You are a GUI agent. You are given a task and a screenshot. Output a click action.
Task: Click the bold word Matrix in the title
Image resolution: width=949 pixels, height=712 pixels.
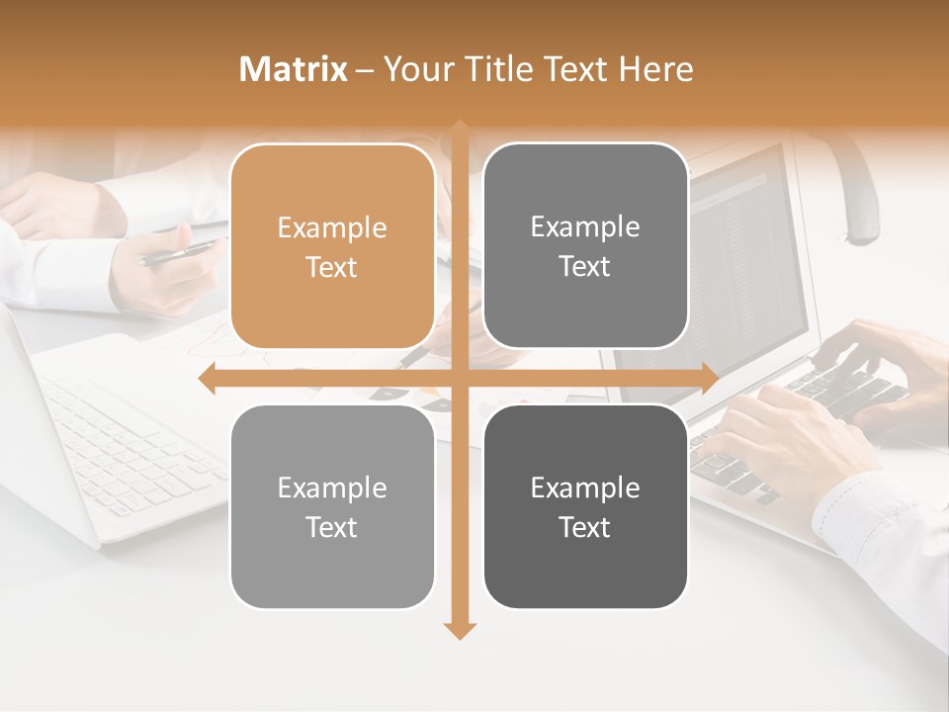point(294,69)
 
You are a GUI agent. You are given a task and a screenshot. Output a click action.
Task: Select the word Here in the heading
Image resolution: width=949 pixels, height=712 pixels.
point(656,69)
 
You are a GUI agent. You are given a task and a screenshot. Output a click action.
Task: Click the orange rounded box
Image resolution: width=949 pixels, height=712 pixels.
point(332,246)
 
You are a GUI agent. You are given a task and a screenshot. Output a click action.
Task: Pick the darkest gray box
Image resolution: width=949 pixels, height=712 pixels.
point(585,506)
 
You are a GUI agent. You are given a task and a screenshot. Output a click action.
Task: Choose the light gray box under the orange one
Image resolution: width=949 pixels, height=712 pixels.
point(332,506)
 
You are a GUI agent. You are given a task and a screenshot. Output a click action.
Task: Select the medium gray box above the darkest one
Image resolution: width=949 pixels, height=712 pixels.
point(585,246)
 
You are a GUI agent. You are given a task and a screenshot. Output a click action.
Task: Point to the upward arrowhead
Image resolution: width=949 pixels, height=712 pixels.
point(459,129)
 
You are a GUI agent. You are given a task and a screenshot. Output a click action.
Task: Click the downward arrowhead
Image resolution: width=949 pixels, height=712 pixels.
point(459,630)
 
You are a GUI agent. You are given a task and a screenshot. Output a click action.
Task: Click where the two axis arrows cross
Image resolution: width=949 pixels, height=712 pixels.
point(459,378)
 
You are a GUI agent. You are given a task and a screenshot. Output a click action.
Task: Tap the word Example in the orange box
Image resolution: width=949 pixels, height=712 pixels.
point(332,228)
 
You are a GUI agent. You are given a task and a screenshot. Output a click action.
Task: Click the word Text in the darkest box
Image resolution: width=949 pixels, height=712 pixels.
point(585,527)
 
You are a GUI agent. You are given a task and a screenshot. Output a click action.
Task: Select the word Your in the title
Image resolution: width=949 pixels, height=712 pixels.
point(416,69)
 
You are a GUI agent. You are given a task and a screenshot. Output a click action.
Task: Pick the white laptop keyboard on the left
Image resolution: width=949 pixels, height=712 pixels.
point(129,445)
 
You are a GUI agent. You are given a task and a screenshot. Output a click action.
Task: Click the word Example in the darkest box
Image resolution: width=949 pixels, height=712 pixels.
point(585,488)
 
